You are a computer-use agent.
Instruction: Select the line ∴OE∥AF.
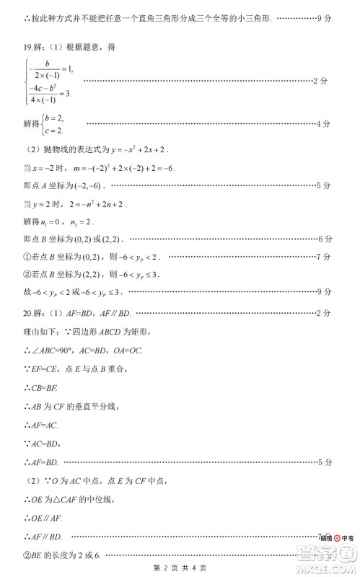tap(33, 518)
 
